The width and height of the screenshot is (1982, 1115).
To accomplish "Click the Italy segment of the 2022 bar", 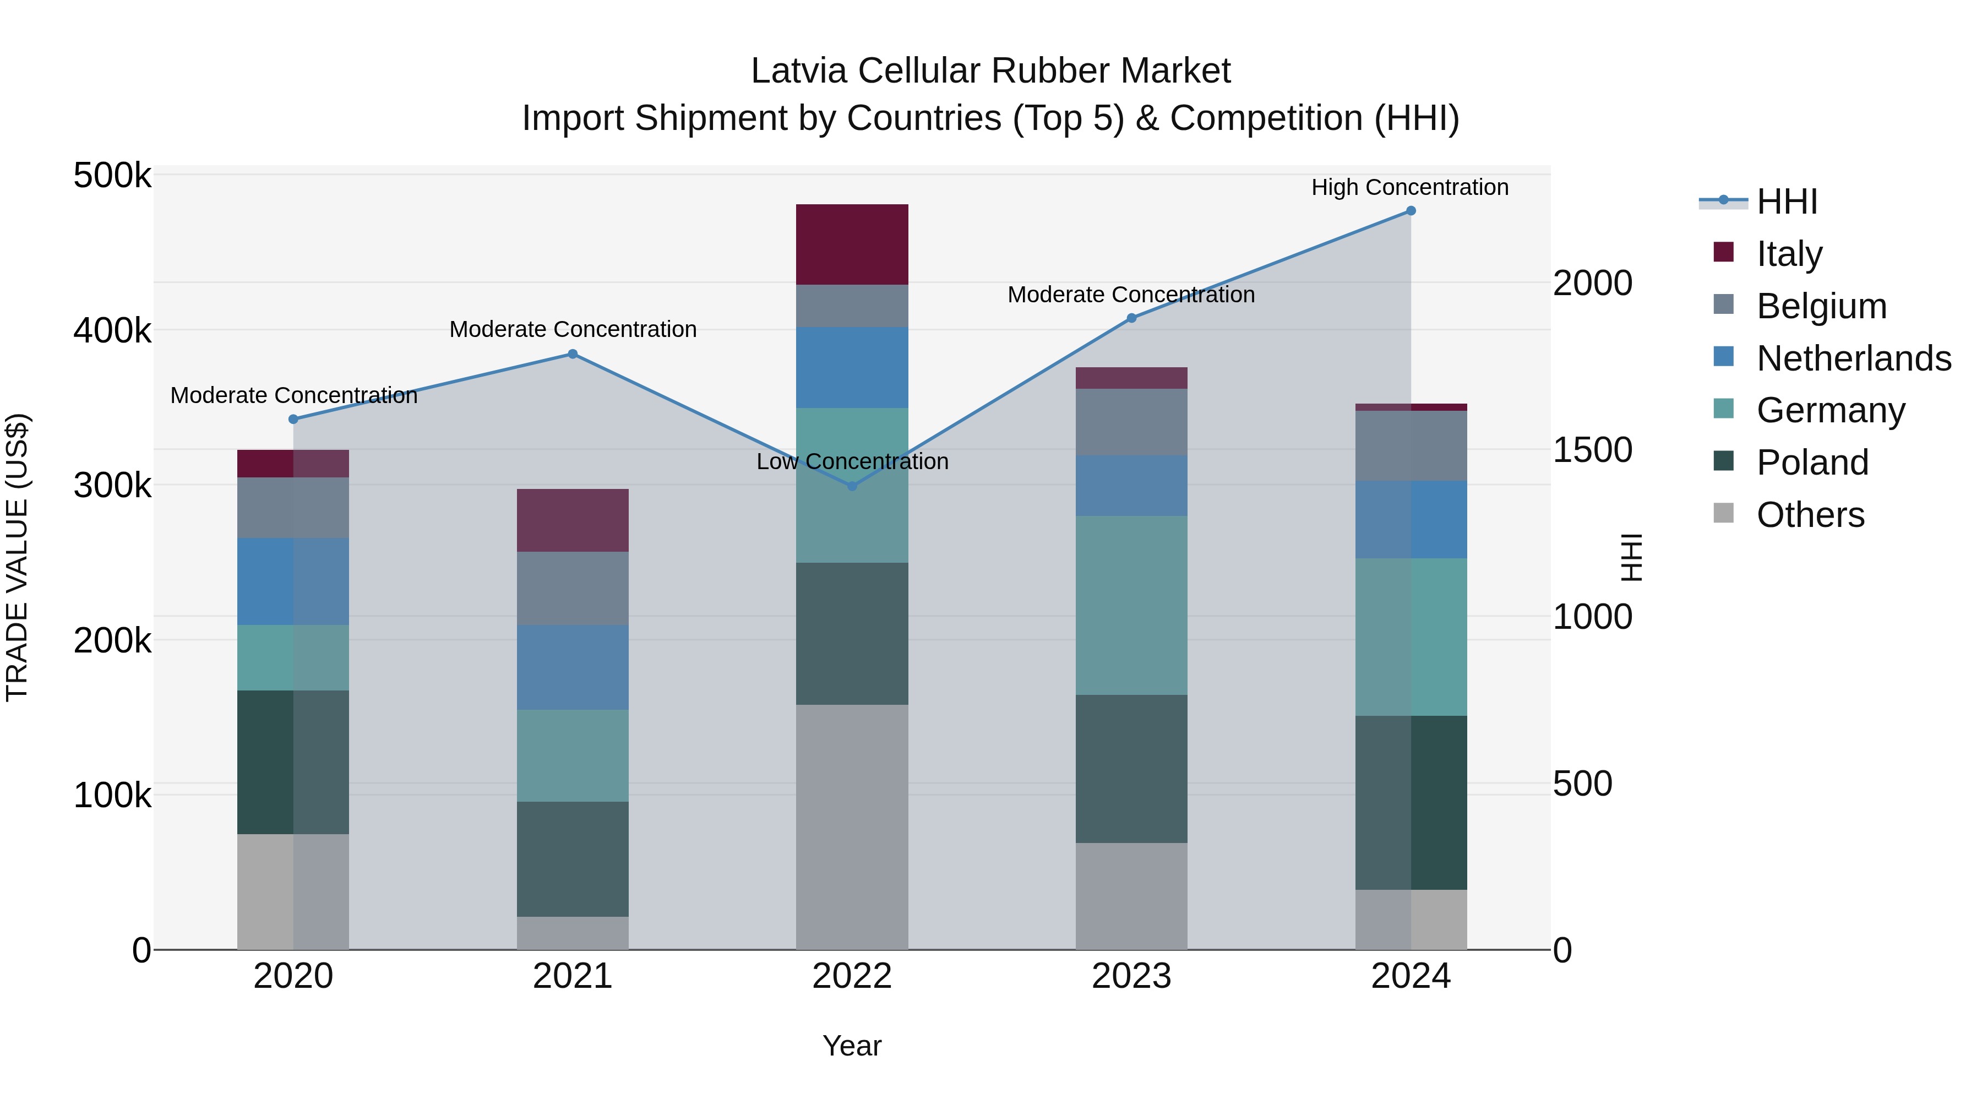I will pos(852,244).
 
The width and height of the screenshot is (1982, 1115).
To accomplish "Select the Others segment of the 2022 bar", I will pos(852,826).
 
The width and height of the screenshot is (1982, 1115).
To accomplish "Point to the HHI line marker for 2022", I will pos(852,486).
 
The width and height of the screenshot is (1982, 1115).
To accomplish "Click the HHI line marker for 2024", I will pos(1411,211).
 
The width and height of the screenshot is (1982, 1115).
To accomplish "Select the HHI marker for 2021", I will pos(573,354).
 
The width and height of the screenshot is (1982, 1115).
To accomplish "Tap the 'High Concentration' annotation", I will pos(1409,187).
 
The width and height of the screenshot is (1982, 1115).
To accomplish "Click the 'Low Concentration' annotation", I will pos(852,462).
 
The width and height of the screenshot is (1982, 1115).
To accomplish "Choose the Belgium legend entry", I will pos(1821,306).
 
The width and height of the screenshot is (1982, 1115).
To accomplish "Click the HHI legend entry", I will pos(1787,202).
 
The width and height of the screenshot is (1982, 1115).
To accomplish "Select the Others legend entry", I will pos(1810,514).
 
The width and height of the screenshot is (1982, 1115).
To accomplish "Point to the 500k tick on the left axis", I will pos(112,176).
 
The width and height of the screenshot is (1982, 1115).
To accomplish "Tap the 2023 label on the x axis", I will pos(1131,976).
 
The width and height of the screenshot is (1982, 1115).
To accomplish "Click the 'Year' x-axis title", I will pos(852,1046).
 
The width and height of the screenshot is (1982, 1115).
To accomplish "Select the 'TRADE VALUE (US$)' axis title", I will pos(17,557).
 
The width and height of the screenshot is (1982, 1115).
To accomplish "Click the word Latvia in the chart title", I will pos(799,71).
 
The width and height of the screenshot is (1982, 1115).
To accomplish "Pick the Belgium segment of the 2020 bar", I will pos(292,507).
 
